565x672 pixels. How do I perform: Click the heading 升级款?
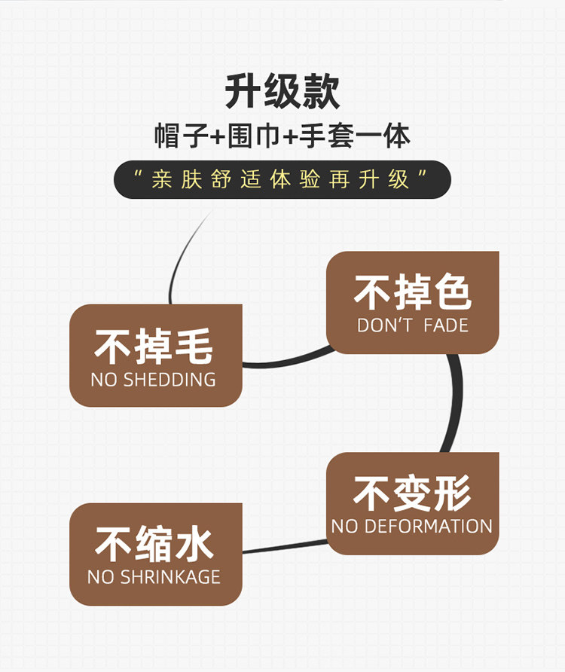click(282, 92)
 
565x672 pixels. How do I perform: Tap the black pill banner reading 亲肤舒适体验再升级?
click(282, 179)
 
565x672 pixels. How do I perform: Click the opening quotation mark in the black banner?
click(137, 176)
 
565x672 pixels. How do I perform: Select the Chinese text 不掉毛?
click(154, 347)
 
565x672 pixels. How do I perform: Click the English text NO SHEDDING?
click(153, 380)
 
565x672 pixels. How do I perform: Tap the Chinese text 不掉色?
click(412, 293)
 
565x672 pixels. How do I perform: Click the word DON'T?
click(384, 325)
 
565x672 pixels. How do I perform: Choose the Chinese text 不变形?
click(412, 494)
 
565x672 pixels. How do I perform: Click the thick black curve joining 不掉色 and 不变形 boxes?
click(454, 403)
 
